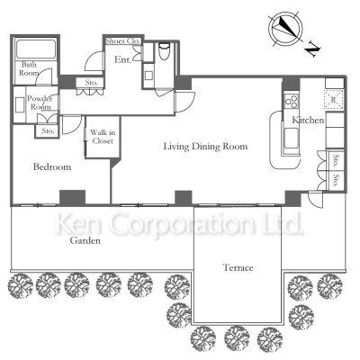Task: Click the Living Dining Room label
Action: coord(205,147)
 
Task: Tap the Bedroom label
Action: coord(52,166)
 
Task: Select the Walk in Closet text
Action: coord(103,137)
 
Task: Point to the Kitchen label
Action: coord(308,120)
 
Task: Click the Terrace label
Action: coord(238,267)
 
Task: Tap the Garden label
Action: coord(85,240)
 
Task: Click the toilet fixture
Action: coord(164,50)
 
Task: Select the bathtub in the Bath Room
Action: coord(36,49)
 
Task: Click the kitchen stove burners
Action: coord(292,101)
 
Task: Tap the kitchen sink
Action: coord(292,138)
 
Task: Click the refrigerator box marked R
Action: coord(334,99)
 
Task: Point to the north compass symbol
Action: coord(285,29)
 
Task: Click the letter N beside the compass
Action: coord(313,50)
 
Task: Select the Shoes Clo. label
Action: coord(123,41)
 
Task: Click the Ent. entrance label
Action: coord(123,59)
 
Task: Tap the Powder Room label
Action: coord(40,103)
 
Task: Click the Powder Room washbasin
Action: coord(20,104)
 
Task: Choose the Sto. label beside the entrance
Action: coord(91,83)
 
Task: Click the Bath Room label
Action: coord(29,68)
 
